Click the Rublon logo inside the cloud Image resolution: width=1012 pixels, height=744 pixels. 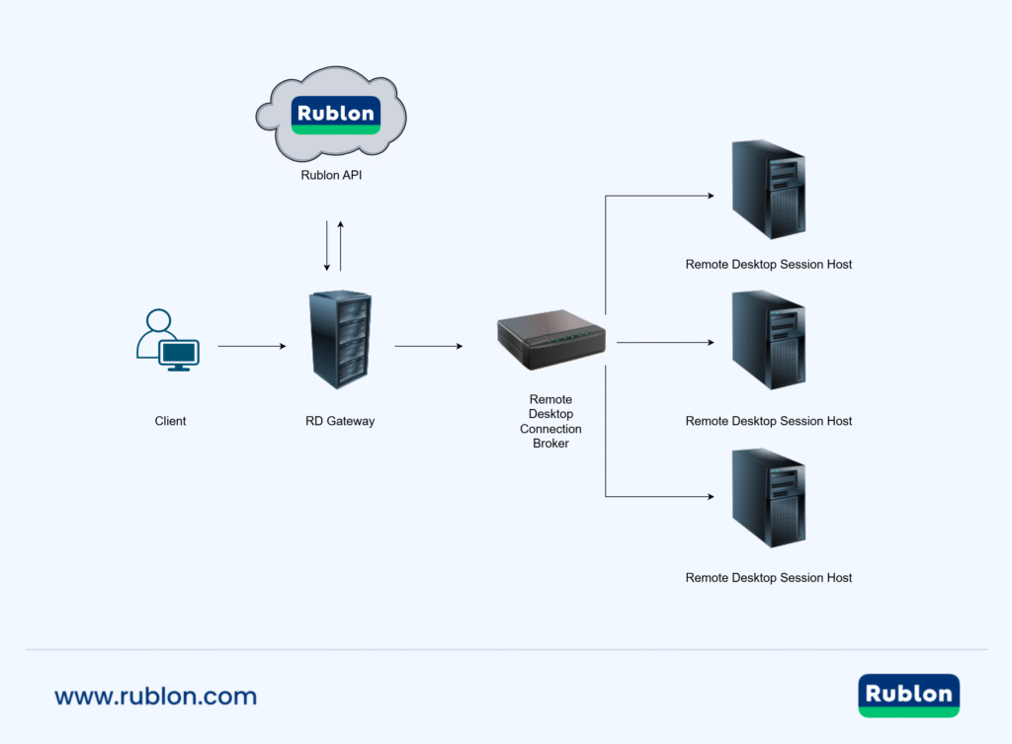coord(336,115)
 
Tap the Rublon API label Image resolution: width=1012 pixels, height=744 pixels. coord(336,176)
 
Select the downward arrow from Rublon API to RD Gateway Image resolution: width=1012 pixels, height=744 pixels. coord(327,246)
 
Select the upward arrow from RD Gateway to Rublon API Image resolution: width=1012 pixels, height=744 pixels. coord(341,246)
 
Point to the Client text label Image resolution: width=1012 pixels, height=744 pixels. coord(170,421)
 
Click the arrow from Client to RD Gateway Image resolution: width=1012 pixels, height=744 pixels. coord(251,347)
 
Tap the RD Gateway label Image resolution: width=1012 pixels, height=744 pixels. coord(340,421)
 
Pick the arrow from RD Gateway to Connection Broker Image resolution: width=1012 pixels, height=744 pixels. coord(428,347)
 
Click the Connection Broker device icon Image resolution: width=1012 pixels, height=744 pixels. coord(550,338)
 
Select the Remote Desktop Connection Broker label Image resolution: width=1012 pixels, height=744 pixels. coord(550,422)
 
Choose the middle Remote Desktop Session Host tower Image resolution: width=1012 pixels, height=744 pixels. coord(768,341)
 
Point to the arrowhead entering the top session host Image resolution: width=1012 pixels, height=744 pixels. coord(709,196)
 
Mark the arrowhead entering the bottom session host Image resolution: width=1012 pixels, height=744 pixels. coord(709,496)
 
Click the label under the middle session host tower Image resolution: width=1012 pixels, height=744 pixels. coord(768,421)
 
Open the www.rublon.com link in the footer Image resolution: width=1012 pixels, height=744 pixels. coord(155,696)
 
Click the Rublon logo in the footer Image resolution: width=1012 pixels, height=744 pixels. coord(908,695)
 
